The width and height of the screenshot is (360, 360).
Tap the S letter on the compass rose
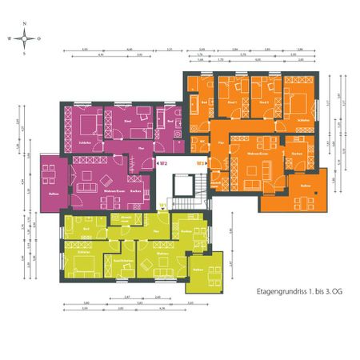click(x=26, y=53)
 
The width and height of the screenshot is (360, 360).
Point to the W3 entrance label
click(x=202, y=164)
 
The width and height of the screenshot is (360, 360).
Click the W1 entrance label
click(x=163, y=206)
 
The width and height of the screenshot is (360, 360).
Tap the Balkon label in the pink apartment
click(x=54, y=194)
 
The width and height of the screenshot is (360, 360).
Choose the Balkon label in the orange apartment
click(x=305, y=186)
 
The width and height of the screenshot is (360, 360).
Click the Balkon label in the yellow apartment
click(x=198, y=270)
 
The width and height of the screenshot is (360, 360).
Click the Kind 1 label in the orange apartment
click(x=232, y=103)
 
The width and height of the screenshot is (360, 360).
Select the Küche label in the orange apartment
click(x=296, y=152)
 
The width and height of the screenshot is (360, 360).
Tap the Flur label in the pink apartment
click(x=141, y=150)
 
